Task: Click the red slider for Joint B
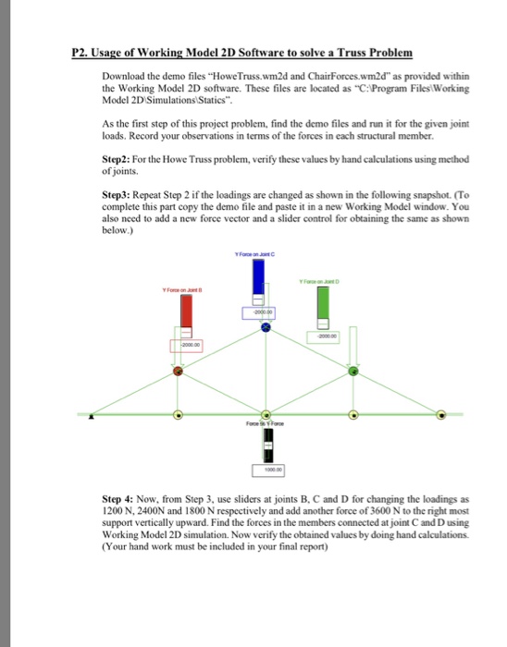point(186,319)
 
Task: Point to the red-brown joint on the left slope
point(179,372)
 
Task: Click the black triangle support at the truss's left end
point(91,416)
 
